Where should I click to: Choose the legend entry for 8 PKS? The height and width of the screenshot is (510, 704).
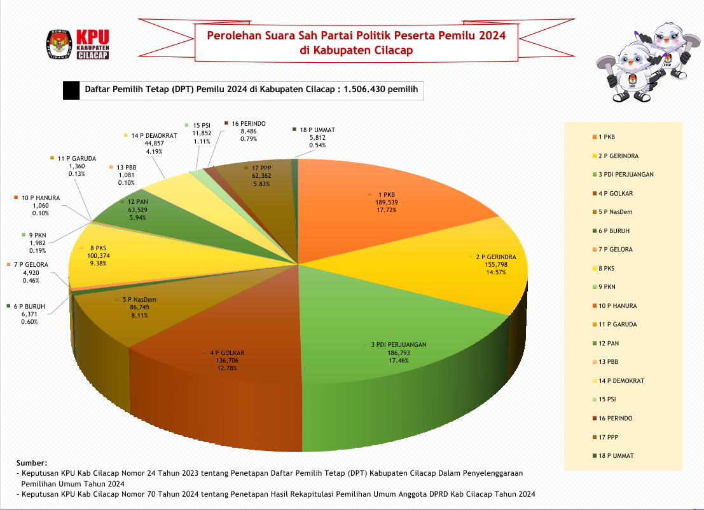coord(607,268)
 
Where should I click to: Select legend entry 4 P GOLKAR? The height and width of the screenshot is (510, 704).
coord(616,193)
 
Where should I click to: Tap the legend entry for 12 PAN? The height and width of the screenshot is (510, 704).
coord(609,343)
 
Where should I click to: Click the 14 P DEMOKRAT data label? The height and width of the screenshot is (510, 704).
coord(147,143)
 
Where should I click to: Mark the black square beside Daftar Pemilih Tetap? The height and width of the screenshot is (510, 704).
coord(71,91)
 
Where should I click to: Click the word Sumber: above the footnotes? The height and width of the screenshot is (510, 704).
coord(31,464)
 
